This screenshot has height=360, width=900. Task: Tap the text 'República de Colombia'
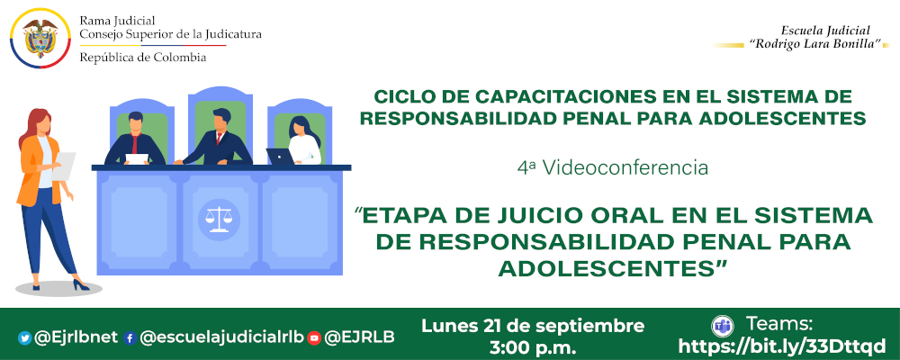coord(142,58)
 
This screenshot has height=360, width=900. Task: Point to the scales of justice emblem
coord(217,216)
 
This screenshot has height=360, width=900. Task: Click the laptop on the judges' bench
coord(281,157)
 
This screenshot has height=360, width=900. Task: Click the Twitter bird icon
coord(24,338)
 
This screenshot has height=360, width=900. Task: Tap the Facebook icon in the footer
coord(130,338)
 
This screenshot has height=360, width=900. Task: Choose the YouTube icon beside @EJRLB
coord(314,338)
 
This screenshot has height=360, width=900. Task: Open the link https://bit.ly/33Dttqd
coord(781,346)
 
